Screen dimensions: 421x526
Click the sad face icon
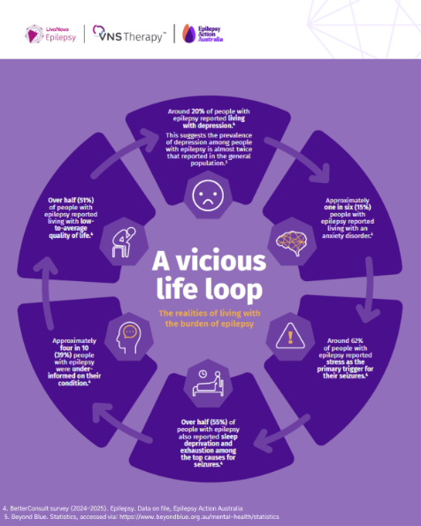click(208, 195)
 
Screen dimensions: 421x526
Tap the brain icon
click(291, 242)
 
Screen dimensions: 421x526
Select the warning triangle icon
click(290, 336)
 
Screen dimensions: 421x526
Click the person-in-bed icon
click(208, 383)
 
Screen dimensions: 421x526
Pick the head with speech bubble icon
click(128, 339)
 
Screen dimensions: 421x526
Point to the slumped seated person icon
click(124, 242)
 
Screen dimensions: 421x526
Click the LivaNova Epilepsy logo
click(50, 34)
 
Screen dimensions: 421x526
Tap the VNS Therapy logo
click(129, 34)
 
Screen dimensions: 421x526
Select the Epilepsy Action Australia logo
click(203, 34)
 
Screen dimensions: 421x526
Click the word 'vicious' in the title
click(221, 262)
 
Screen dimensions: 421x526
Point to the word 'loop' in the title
click(233, 289)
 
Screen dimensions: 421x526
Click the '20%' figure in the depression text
click(198, 111)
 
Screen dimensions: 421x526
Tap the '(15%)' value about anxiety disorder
click(363, 208)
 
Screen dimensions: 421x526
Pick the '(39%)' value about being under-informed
click(63, 354)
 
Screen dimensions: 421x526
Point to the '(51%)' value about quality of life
click(85, 201)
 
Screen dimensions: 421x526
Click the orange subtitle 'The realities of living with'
click(209, 313)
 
